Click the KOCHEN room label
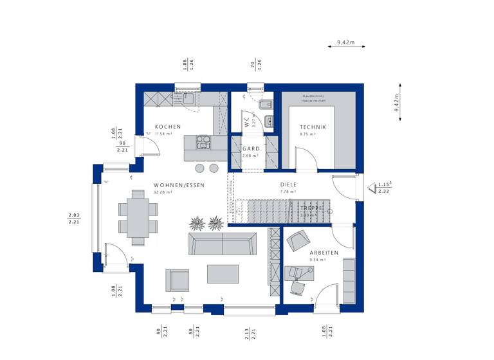pos(167,127)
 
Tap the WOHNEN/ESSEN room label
pos(179,185)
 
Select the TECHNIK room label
pos(313,127)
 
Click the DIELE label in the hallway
pos(288,184)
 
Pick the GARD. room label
pos(250,148)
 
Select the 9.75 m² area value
pos(307,134)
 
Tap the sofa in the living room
pos(222,245)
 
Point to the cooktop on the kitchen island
pos(204,142)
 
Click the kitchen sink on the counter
pos(188,99)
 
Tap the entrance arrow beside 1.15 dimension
pos(372,188)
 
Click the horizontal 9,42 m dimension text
pos(345,42)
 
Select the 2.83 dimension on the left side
pos(73,215)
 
